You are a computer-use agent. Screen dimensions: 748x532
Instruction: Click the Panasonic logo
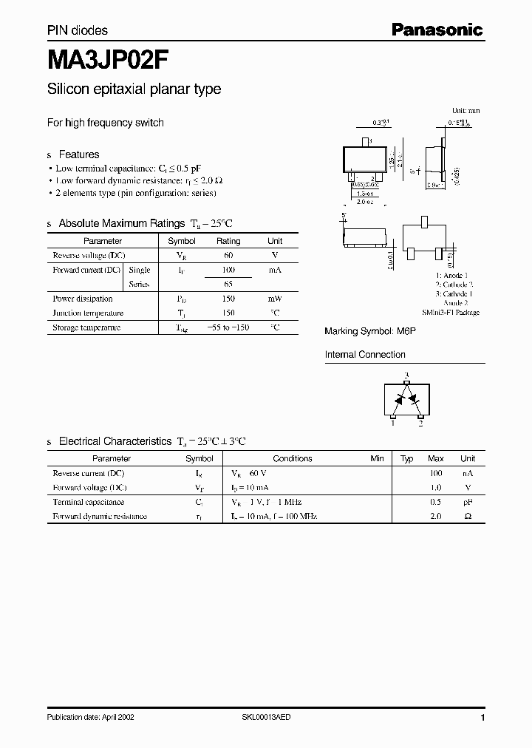tap(437, 30)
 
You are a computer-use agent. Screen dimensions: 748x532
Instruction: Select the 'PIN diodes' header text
tap(78, 30)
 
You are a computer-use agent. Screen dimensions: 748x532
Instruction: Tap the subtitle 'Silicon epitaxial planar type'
tap(134, 89)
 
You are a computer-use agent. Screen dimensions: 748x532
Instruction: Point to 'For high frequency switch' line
tap(106, 123)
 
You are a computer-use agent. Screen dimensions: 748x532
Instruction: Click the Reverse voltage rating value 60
tap(228, 255)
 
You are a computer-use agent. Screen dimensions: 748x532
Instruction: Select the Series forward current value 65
tap(228, 284)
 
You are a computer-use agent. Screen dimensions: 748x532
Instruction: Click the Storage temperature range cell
tap(228, 327)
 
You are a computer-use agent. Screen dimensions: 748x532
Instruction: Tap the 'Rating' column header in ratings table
tap(228, 241)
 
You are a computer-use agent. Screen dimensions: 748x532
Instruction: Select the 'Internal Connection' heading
tap(364, 355)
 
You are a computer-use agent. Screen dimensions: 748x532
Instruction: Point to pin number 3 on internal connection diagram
tap(404, 375)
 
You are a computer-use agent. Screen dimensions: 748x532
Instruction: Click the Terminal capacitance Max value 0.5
tap(436, 502)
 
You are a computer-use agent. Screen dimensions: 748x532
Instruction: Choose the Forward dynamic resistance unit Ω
tap(468, 516)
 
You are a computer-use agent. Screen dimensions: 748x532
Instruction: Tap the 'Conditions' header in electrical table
tap(293, 458)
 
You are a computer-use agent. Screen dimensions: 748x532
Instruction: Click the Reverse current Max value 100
tap(436, 473)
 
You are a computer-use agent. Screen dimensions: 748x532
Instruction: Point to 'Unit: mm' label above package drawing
tap(466, 110)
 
